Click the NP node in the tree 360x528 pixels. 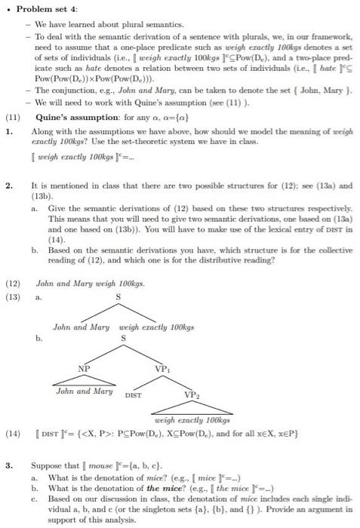(85, 368)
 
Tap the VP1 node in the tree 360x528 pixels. (162, 368)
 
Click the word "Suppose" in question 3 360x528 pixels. (48, 467)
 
